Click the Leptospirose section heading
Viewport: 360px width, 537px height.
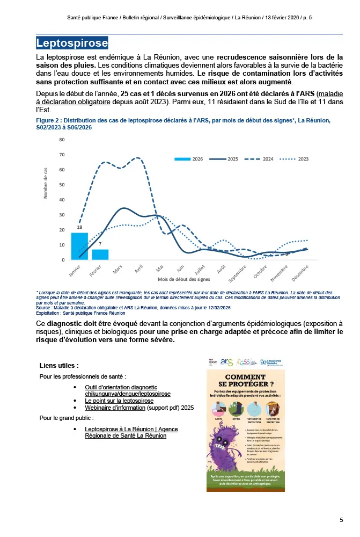pos(72,42)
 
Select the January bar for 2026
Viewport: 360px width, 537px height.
pos(79,246)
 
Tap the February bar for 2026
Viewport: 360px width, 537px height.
pos(100,255)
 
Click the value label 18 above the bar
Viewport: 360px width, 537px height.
pos(79,228)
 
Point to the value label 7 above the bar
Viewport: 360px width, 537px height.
pos(100,244)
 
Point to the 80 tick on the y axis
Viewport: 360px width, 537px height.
pos(62,140)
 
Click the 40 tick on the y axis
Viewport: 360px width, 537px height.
pos(62,200)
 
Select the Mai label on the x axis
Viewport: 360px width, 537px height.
pos(160,267)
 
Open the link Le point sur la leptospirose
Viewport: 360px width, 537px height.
pos(119,401)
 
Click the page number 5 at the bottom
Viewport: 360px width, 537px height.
pos(341,520)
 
